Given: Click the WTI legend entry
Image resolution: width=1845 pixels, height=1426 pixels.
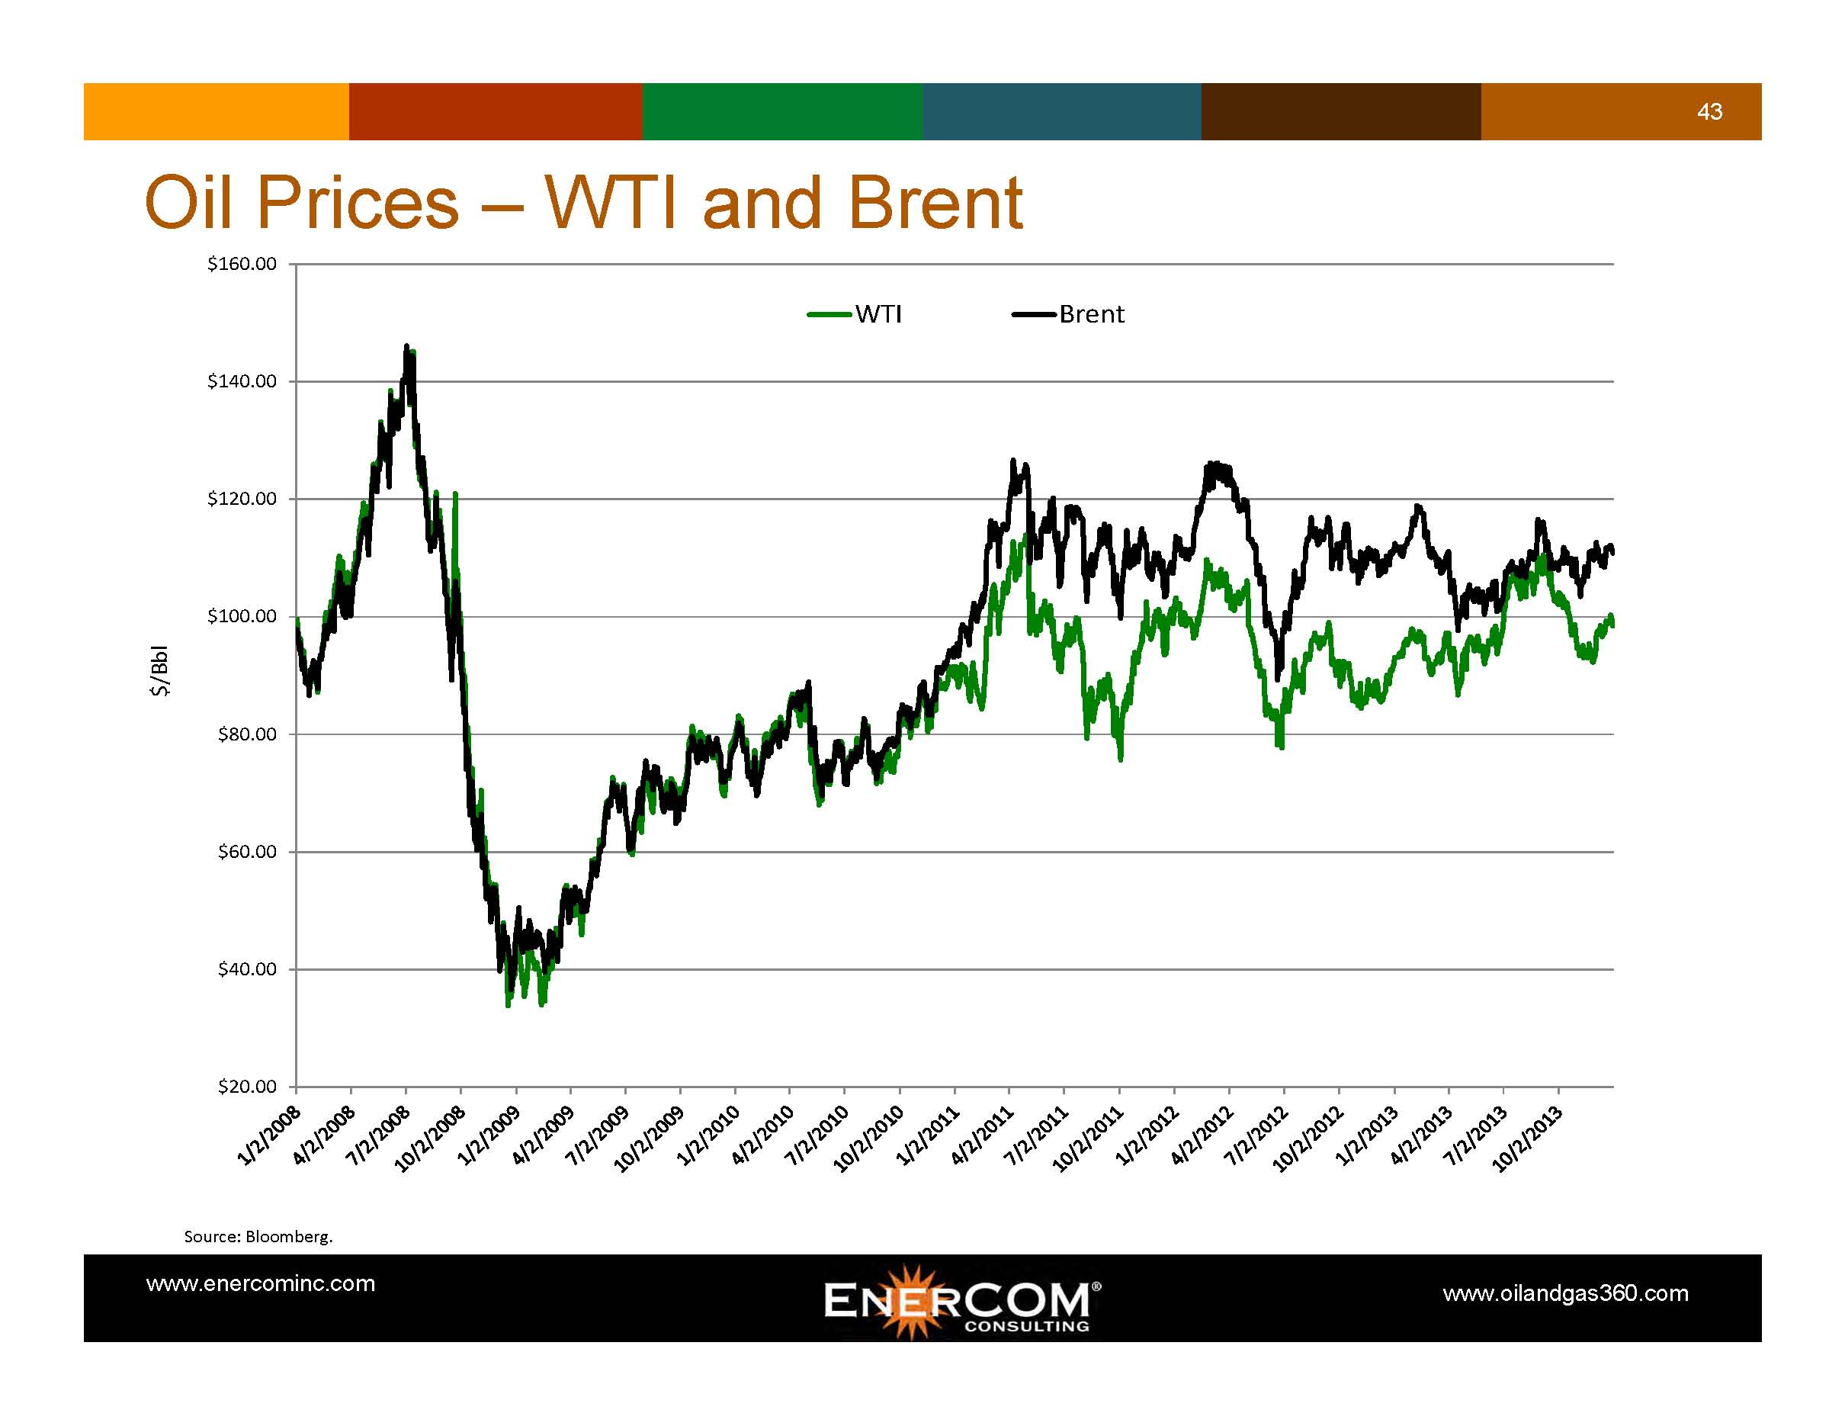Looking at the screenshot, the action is (854, 314).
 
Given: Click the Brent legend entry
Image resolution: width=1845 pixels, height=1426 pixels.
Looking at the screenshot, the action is (1068, 314).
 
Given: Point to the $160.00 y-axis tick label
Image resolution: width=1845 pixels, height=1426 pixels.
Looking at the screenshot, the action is (242, 264).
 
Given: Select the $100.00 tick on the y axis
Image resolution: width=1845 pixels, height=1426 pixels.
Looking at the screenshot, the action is (242, 616).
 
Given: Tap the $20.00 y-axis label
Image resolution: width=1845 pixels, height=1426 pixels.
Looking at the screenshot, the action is (247, 1087).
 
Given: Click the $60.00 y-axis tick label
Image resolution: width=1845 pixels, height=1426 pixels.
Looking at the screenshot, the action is (247, 852).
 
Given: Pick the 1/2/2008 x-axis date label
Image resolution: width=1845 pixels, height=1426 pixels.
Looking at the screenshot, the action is (269, 1135).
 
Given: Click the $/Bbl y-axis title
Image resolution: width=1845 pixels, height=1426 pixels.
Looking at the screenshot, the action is (159, 671).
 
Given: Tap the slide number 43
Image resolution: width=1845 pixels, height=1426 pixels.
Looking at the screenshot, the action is (1709, 111).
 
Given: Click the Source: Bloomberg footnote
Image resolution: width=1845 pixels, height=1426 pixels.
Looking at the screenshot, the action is (258, 1237).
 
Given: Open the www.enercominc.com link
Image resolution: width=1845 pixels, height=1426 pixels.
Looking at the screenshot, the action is (260, 1283).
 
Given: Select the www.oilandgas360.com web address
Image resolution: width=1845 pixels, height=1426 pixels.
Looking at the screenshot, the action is (1565, 1293).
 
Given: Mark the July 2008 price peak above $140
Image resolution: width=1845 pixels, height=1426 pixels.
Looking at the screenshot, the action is (407, 346).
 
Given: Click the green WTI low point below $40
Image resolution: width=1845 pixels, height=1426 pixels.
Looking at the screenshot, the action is (508, 1005).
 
